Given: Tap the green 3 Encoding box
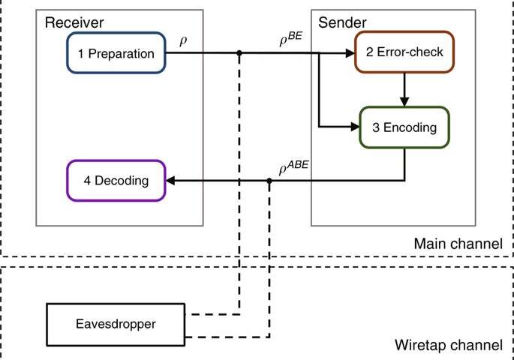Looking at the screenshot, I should click(x=404, y=127).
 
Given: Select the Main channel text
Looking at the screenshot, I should click(x=458, y=244).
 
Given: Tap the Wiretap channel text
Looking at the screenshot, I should click(x=448, y=346).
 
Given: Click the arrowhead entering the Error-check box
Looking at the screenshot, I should click(x=350, y=53).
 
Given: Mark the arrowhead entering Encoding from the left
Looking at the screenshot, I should click(x=355, y=127).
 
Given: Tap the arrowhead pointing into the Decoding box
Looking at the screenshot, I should click(x=170, y=181).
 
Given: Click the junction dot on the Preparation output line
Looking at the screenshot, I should click(x=239, y=53).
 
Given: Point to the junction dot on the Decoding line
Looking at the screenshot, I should click(x=269, y=181).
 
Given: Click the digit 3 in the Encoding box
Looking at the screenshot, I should click(x=374, y=127).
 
